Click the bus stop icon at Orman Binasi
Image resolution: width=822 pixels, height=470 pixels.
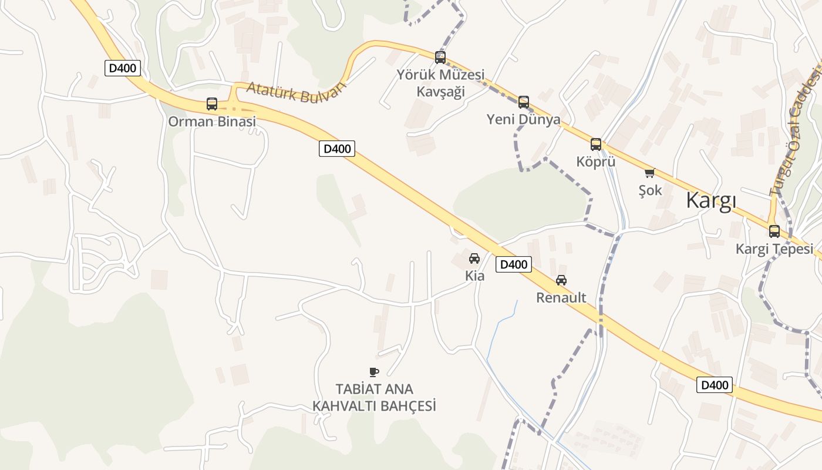tap(212, 104)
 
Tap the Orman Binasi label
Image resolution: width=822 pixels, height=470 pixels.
tap(212, 122)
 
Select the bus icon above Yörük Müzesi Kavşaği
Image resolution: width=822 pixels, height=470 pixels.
tap(440, 58)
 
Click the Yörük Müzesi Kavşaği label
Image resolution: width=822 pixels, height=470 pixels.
tap(440, 83)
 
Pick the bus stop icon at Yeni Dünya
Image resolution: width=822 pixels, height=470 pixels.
tap(523, 102)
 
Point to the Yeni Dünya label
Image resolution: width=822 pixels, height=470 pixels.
tap(523, 119)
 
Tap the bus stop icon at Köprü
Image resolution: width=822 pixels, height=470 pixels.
tap(596, 145)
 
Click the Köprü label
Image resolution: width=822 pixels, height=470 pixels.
tap(596, 162)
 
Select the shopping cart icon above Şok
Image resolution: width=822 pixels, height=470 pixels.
tap(649, 173)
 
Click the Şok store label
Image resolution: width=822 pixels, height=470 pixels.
tap(650, 190)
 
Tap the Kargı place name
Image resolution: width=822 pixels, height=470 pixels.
tap(711, 201)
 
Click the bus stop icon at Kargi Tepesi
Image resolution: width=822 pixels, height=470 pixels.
tap(774, 231)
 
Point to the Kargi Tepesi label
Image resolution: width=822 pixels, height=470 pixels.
tap(774, 249)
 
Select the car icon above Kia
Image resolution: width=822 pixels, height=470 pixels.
tap(474, 258)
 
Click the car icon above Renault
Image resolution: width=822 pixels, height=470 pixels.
tap(561, 280)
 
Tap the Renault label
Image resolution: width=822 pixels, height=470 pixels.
tap(561, 298)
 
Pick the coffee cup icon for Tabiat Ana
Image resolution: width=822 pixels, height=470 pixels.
tap(374, 371)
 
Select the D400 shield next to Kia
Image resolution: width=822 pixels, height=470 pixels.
tap(513, 264)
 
